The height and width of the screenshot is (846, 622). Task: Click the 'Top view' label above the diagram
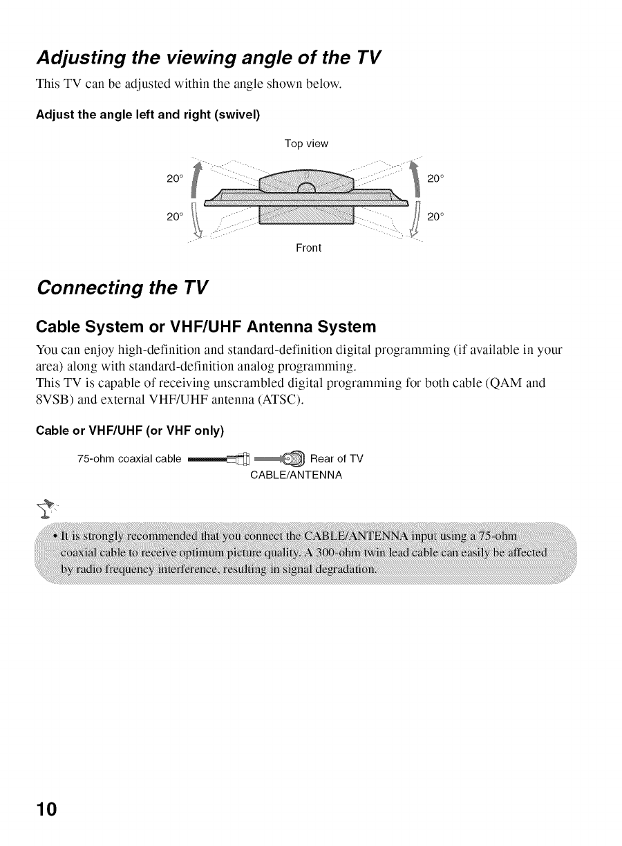point(306,144)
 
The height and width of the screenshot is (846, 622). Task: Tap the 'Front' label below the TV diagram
point(309,247)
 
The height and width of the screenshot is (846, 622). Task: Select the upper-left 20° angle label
point(175,180)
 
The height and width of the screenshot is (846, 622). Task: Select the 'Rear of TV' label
point(337,458)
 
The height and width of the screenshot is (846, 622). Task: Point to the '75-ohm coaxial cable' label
point(130,458)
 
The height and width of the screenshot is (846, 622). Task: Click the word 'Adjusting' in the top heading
point(86,57)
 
